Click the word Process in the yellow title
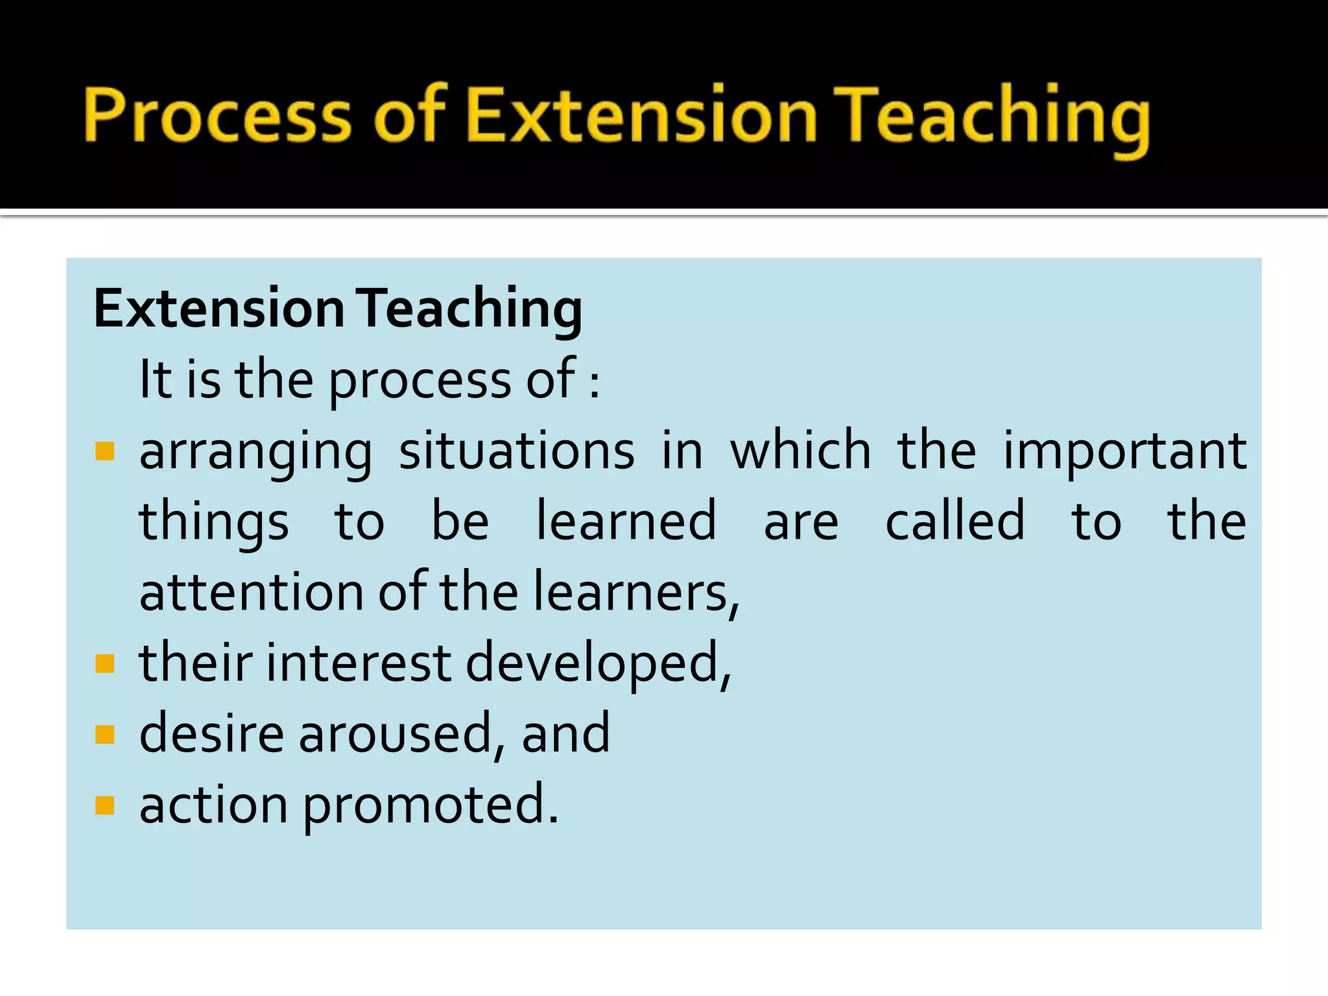point(218,115)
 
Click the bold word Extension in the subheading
point(219,308)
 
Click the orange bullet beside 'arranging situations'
point(104,451)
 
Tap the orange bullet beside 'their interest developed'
point(104,663)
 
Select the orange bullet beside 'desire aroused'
point(104,734)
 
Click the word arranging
point(255,453)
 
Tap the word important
point(1124,453)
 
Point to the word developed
point(598,664)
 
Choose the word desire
point(211,733)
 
